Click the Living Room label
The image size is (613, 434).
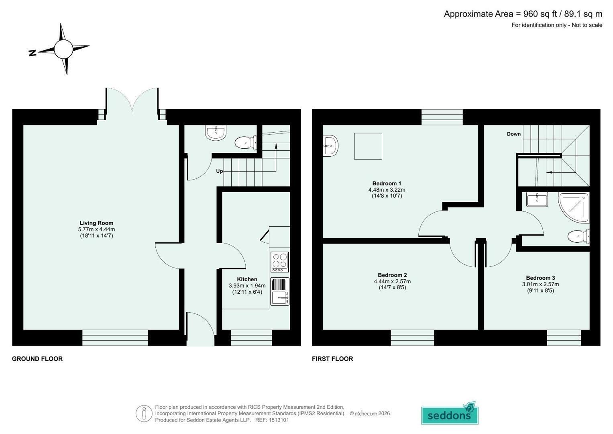tap(96, 223)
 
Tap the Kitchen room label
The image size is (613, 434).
tap(247, 279)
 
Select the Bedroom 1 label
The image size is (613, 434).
tap(387, 183)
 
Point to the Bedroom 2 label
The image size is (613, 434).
tap(392, 275)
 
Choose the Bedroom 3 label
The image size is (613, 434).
tap(540, 278)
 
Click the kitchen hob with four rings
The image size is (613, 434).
tap(280, 262)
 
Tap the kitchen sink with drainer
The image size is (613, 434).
tap(280, 291)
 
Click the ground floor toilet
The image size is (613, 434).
tap(246, 143)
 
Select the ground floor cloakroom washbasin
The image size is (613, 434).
tap(216, 133)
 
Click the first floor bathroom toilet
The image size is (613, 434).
tap(578, 236)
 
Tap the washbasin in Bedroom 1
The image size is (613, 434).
tap(330, 145)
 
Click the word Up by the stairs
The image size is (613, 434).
tap(220, 171)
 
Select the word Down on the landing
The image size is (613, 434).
tap(514, 134)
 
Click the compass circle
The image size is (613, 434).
tap(63, 49)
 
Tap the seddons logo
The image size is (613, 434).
tap(450, 413)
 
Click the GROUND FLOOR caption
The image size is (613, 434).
tap(37, 358)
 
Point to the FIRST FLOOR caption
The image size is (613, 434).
tap(332, 358)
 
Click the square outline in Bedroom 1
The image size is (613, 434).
tap(368, 146)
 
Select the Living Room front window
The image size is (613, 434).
tap(115, 338)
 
